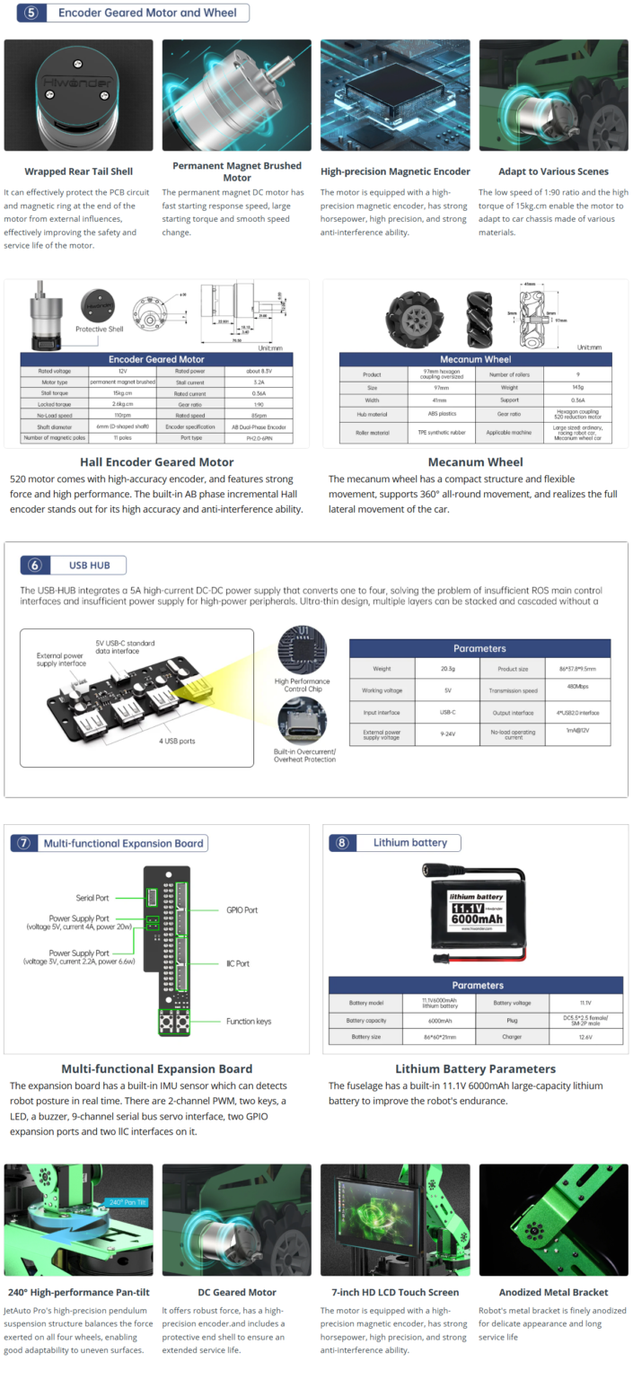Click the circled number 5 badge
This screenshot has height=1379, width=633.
(x=31, y=13)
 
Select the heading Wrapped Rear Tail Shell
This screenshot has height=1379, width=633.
(x=78, y=171)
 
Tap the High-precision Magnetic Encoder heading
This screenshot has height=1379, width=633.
(x=395, y=171)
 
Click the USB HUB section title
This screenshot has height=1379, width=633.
(x=89, y=565)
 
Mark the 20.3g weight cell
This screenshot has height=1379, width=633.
(x=448, y=669)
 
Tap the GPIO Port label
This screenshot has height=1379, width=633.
(x=242, y=909)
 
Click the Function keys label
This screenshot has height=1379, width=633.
(x=250, y=1022)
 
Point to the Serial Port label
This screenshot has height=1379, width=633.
(x=92, y=898)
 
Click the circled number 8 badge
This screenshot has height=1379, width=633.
(x=343, y=842)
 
